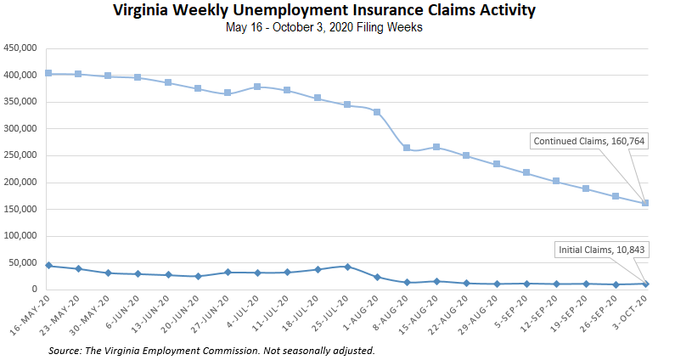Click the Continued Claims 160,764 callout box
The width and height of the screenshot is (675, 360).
(x=589, y=142)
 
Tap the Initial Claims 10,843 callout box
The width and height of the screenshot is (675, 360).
(x=601, y=250)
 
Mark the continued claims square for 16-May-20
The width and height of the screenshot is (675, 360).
(x=48, y=74)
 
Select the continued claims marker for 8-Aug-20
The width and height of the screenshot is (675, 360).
(x=407, y=148)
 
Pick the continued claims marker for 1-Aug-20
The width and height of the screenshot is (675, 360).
(x=377, y=112)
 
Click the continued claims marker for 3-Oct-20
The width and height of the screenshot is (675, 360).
(x=646, y=203)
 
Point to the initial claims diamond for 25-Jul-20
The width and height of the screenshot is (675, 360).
(x=347, y=267)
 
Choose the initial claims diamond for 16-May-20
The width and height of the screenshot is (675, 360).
(x=48, y=266)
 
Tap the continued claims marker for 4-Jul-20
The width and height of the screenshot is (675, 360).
(x=257, y=87)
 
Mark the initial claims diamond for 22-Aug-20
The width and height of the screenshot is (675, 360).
(x=467, y=283)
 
